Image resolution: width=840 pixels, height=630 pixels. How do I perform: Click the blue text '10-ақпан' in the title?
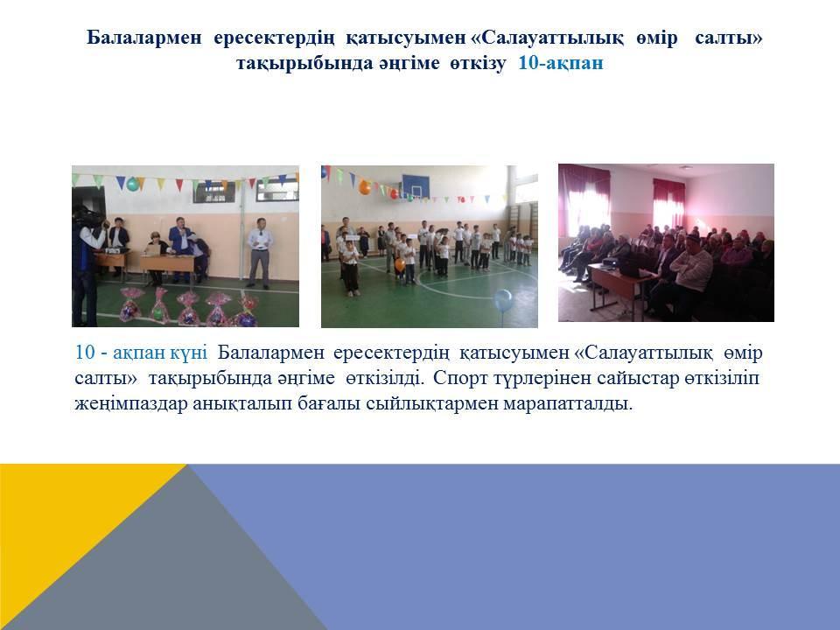[560, 63]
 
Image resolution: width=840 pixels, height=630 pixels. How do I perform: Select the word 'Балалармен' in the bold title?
[144, 38]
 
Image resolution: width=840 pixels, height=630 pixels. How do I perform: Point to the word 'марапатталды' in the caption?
[568, 403]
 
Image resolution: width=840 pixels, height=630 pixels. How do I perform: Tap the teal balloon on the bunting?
[132, 184]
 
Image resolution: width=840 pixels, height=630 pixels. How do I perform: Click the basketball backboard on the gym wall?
[415, 185]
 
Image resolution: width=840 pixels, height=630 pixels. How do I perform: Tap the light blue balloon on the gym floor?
[503, 300]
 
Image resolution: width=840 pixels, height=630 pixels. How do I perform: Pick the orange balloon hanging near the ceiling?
[365, 187]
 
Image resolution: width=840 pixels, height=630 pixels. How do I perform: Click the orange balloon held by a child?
[400, 264]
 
